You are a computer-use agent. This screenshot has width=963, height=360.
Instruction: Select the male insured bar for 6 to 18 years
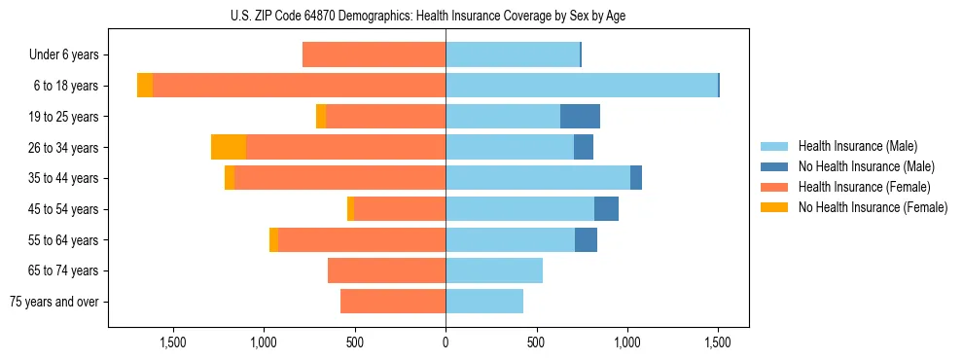582,86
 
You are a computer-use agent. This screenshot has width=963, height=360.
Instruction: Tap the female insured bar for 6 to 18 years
299,86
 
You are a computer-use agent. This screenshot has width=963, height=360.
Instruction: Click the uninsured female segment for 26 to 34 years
228,147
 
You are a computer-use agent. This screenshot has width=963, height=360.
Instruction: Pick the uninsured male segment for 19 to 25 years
580,117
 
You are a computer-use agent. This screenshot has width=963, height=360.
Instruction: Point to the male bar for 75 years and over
484,302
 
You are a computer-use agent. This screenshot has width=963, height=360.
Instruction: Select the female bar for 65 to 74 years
386,270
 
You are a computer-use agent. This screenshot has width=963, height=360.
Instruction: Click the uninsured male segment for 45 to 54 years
606,209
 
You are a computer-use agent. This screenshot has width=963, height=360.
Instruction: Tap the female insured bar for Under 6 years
374,54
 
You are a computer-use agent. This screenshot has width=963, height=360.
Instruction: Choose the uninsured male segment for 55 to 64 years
586,239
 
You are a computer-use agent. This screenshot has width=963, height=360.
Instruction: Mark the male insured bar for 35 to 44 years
538,178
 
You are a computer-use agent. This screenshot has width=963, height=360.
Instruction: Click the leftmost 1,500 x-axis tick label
172,342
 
